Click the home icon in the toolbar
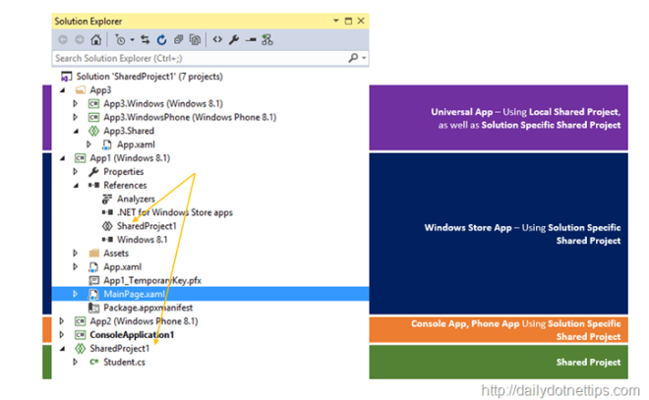[96, 39]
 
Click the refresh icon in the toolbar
[162, 39]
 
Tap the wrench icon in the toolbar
[234, 39]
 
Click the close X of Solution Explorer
[361, 21]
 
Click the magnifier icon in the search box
[353, 58]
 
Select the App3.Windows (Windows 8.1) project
[163, 103]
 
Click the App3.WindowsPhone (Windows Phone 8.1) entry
[190, 117]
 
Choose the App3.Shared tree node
[129, 131]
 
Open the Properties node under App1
[123, 172]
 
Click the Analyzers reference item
[136, 199]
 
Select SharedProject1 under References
[147, 226]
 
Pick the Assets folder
[116, 254]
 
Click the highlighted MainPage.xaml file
[134, 294]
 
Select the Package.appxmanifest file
[147, 308]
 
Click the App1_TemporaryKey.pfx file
[152, 280]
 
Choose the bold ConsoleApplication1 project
[132, 334]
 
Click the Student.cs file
[124, 362]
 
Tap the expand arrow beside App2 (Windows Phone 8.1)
[62, 321]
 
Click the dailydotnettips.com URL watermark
[560, 390]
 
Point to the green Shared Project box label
[588, 362]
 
